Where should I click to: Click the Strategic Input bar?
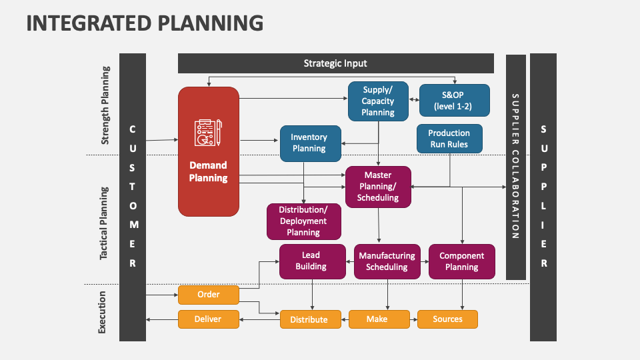point(335,63)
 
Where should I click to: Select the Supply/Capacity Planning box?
point(378,101)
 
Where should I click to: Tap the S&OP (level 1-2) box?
point(454,100)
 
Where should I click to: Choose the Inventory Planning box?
point(309,143)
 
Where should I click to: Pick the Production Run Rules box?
point(449,139)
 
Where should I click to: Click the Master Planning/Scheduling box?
point(378,187)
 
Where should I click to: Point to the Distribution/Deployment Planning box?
point(303,221)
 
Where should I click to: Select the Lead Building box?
point(311,261)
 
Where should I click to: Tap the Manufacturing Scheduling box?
point(387,261)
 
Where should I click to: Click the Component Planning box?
point(462,261)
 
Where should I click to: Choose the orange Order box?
point(208,294)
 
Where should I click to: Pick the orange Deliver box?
point(208,319)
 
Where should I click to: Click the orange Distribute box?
point(309,319)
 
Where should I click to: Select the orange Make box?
point(377,319)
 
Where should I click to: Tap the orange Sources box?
point(448,319)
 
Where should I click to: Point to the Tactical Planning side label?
point(105,223)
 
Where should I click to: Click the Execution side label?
point(103,312)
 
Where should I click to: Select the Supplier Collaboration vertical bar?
point(515,167)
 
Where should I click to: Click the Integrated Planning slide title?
point(145,23)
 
